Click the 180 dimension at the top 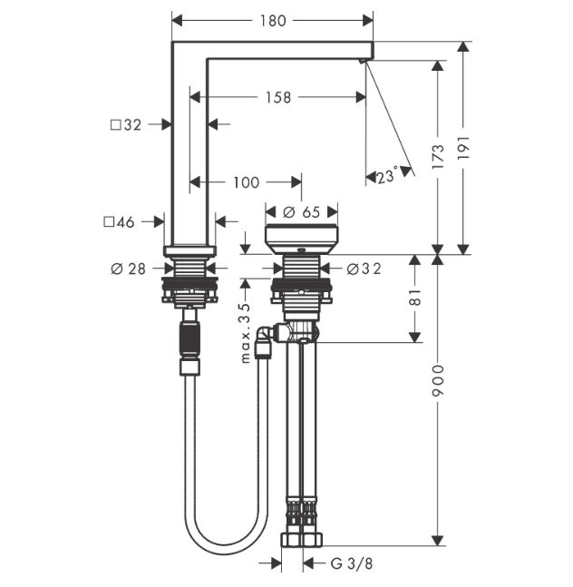click(273, 21)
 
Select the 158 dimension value click(278, 97)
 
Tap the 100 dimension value click(246, 182)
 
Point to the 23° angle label click(387, 175)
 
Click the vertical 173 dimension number click(438, 156)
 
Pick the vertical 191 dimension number click(463, 148)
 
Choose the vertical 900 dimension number click(438, 381)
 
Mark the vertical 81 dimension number click(415, 298)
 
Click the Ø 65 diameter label click(302, 212)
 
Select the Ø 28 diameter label click(128, 269)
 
